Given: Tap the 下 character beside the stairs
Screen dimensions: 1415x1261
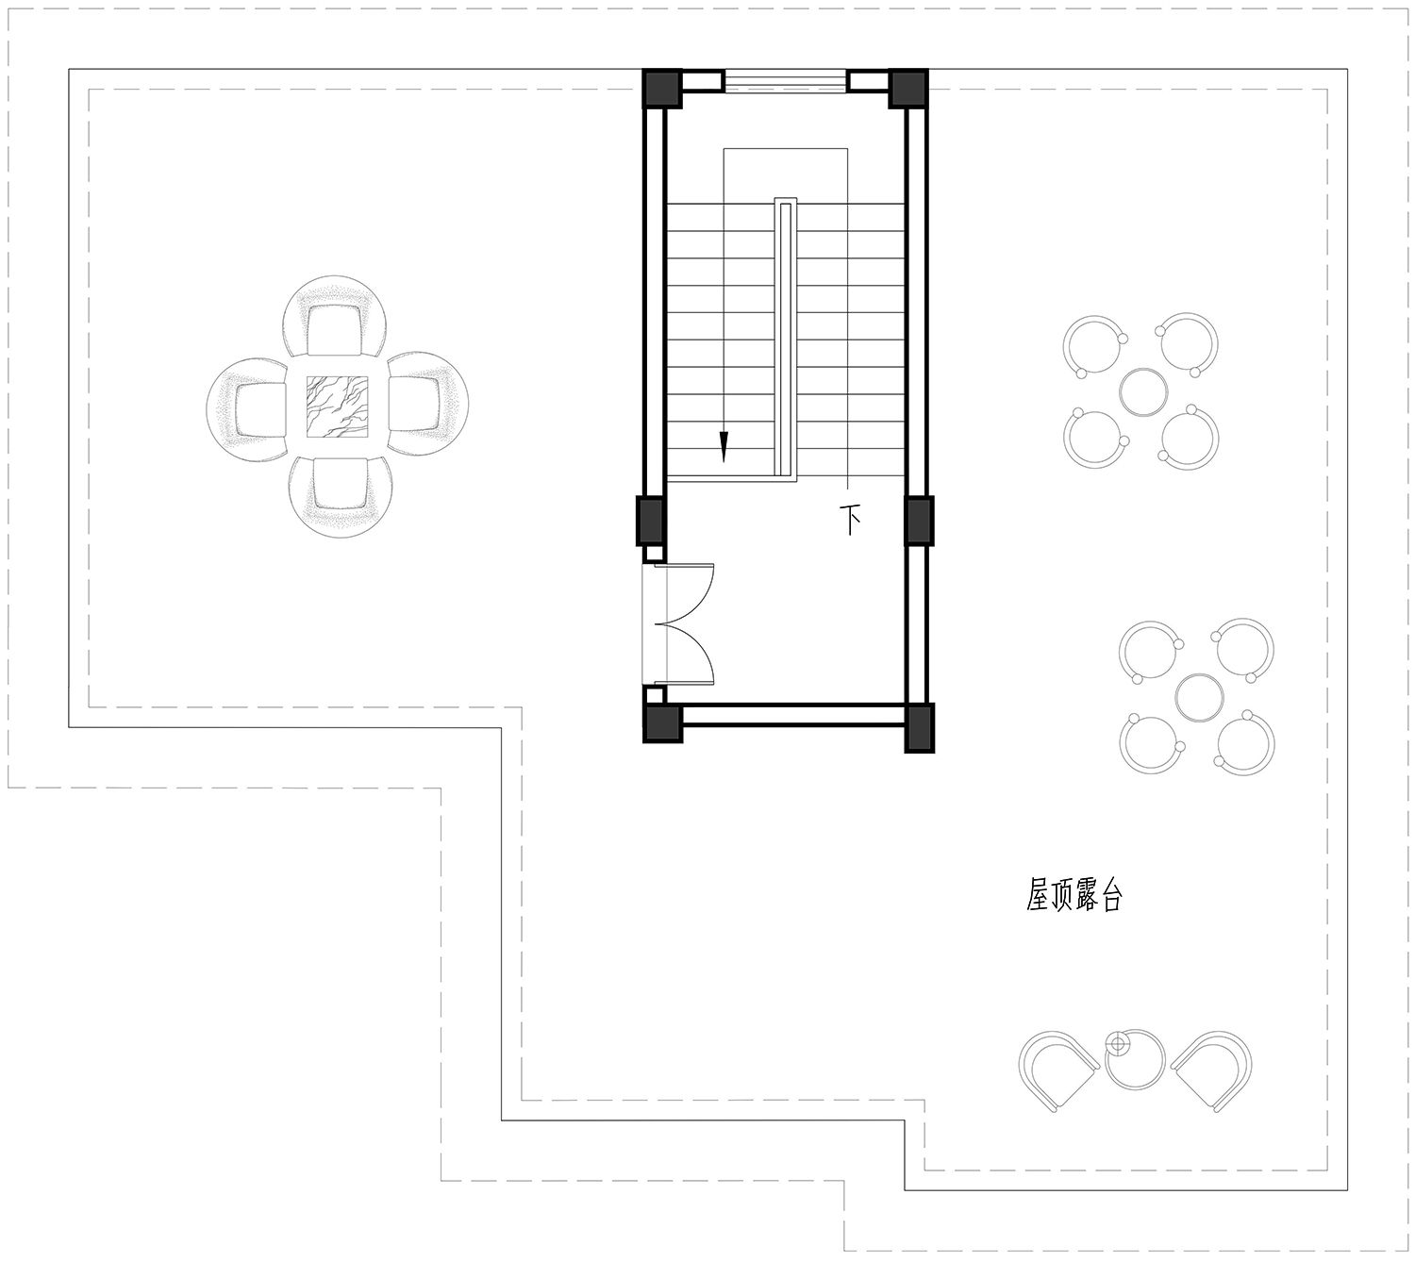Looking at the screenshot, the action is pos(849,521).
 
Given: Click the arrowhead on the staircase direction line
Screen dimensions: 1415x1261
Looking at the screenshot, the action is pos(724,447).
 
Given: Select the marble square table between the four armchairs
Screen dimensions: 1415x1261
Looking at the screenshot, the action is pos(338,407).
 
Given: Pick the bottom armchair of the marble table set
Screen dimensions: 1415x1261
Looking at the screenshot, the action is pos(341,495).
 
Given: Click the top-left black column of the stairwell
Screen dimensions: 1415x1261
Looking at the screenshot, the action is pos(662,88).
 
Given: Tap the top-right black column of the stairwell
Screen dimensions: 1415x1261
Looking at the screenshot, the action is pos(907,88).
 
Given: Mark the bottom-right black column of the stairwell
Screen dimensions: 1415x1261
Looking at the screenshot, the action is pos(919,727).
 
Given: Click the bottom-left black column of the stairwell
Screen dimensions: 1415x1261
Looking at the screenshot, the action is pos(662,722).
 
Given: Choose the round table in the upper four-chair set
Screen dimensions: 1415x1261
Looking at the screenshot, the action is pos(1143,391).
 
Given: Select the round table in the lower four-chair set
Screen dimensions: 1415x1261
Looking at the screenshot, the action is pos(1199,697).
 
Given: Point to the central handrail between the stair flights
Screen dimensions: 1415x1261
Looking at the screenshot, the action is pos(785,339).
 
